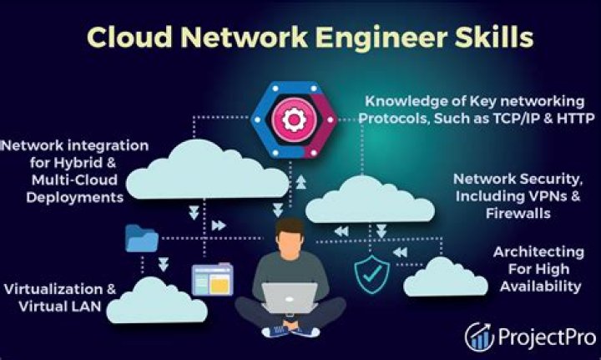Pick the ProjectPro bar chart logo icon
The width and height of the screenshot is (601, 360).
tap(479, 336)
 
